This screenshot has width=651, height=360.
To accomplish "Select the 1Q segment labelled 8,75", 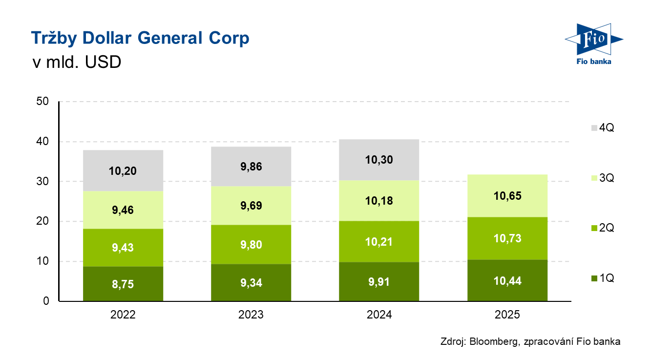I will click(x=123, y=283).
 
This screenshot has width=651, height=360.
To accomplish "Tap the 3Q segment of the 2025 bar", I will click(x=507, y=195).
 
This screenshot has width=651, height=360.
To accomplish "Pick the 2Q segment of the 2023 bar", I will click(x=251, y=244).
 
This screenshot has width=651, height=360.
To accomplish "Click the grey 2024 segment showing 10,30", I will click(x=379, y=160).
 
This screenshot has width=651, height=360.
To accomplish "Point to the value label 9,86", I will click(x=251, y=167).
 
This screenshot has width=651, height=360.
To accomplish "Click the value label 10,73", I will click(x=507, y=238).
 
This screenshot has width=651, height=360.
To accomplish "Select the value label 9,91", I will click(x=379, y=282).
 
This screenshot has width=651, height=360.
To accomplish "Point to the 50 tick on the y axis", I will click(x=42, y=102).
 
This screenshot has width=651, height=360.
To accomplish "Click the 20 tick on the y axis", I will click(x=42, y=221).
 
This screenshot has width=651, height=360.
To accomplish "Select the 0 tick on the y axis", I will click(x=46, y=301).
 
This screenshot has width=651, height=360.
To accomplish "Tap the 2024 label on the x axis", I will click(x=379, y=315).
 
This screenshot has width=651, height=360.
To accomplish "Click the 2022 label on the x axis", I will click(x=123, y=315).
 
